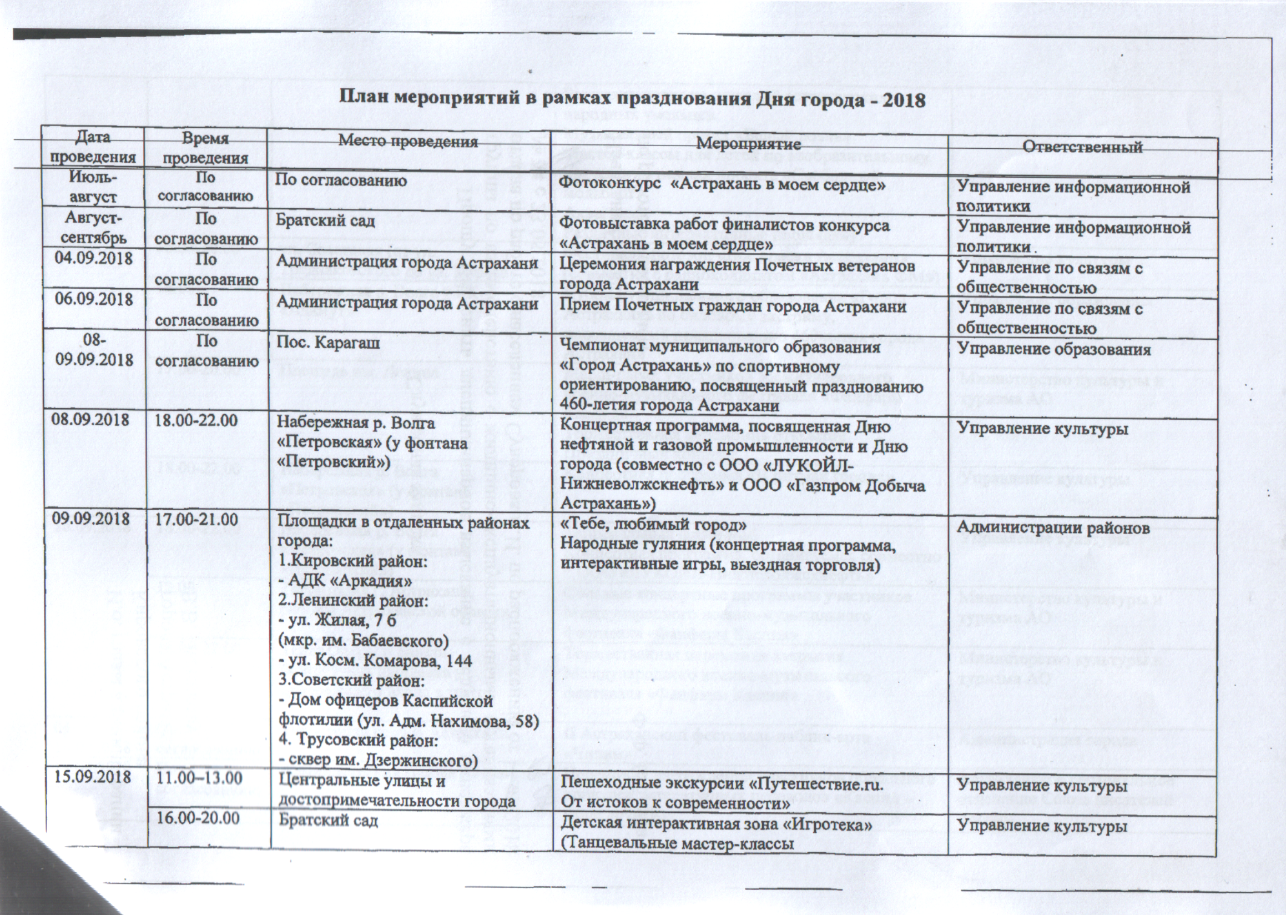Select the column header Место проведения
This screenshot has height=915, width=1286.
(408, 141)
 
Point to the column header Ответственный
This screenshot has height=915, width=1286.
(1083, 147)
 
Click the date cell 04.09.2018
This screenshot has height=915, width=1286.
(93, 259)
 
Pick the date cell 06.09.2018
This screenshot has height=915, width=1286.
(93, 299)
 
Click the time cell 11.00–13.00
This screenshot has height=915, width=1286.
(199, 778)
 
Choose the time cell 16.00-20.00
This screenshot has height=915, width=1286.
(199, 817)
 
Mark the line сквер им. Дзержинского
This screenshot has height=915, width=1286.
(378, 761)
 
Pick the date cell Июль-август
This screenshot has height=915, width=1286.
(93, 187)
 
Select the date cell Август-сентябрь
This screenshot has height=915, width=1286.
(93, 228)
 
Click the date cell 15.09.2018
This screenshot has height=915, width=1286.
(93, 777)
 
